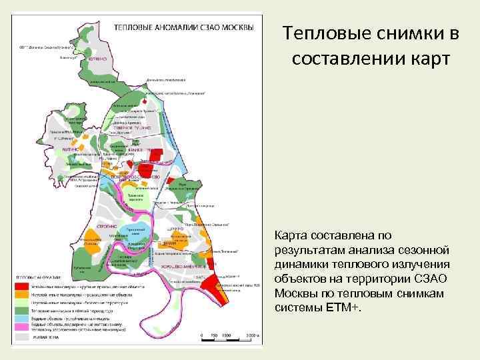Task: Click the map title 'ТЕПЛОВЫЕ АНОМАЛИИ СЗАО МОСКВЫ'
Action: [184, 27]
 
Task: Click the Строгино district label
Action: [99, 227]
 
